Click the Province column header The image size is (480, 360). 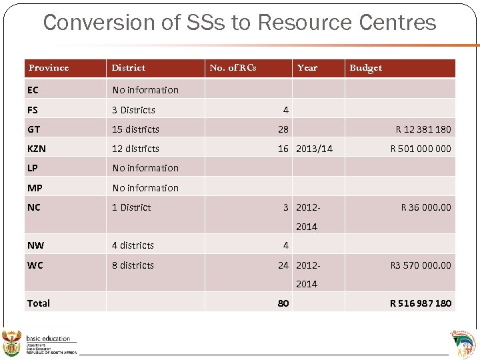click(x=49, y=68)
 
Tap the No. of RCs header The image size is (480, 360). click(x=233, y=68)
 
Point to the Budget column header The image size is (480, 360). click(x=366, y=68)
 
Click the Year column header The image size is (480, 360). click(x=307, y=68)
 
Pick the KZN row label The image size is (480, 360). click(x=37, y=149)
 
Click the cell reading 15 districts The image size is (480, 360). click(x=135, y=129)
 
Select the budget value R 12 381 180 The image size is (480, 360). click(x=423, y=129)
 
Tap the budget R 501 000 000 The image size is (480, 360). click(x=420, y=149)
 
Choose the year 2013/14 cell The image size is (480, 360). click(x=314, y=149)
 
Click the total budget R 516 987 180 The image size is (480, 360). click(x=420, y=303)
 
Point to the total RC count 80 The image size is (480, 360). click(x=283, y=303)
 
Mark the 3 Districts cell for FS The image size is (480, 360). click(x=133, y=110)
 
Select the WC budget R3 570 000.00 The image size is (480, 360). click(x=420, y=265)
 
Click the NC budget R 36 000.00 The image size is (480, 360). click(x=425, y=207)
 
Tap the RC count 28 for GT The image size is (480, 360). click(x=283, y=129)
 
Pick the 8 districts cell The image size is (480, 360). click(x=133, y=265)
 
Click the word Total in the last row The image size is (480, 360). click(x=39, y=303)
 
